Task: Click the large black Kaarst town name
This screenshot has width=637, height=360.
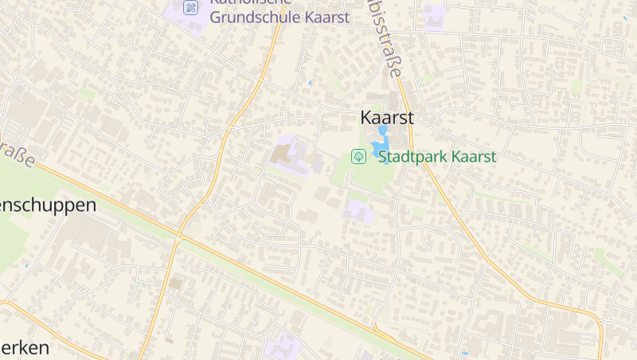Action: pos(387,117)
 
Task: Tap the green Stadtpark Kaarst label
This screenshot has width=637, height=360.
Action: pos(437,157)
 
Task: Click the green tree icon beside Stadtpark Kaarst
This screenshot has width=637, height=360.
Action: pos(359,157)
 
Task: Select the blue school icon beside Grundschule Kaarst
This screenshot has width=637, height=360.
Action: pos(190,7)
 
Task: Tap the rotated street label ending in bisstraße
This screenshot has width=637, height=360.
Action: pos(385,38)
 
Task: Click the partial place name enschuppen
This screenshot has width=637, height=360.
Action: pos(48,205)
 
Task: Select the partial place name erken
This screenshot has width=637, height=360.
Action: pos(25,348)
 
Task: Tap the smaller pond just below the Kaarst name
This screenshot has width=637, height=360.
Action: pos(381,130)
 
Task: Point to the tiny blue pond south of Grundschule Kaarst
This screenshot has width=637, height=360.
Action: pos(310,82)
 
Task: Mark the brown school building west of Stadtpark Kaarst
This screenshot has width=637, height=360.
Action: pos(283,154)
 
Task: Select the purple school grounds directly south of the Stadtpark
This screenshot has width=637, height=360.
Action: pos(358,212)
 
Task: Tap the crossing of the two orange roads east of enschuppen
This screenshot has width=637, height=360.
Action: pos(178,237)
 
